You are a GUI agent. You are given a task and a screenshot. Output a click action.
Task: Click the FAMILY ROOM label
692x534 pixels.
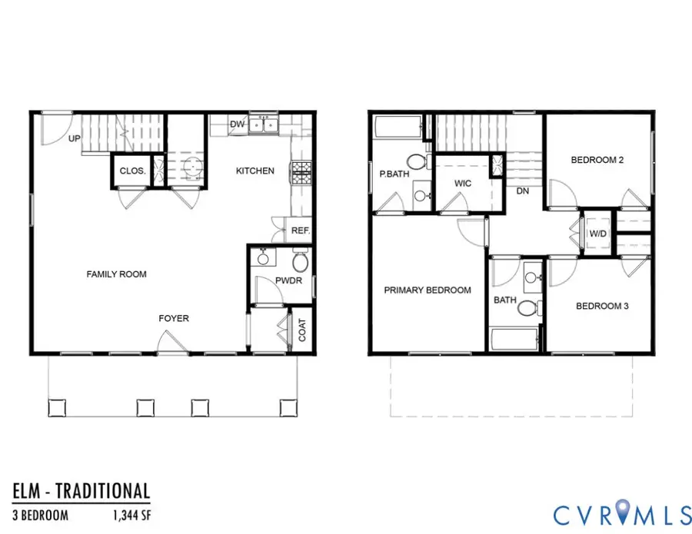pos(116,274)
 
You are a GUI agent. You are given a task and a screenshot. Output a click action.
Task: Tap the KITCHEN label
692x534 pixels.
pos(255,171)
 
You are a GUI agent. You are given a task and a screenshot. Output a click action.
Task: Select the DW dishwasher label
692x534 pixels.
pos(237,124)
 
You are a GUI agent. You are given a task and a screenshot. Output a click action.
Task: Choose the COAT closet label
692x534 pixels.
pos(302,330)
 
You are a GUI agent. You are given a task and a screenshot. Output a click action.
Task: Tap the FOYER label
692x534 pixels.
pos(174,318)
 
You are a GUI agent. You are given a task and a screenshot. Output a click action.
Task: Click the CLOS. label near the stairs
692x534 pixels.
pos(133,172)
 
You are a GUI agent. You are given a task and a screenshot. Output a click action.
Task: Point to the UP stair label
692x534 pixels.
pos(75,139)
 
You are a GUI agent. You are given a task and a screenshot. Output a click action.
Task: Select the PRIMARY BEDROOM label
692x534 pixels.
pos(428,290)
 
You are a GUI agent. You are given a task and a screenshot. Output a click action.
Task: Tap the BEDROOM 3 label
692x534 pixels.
pos(603,306)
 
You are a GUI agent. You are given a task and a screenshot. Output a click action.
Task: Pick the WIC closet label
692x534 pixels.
pos(463,184)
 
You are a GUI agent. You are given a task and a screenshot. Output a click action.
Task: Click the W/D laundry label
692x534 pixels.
pos(597,234)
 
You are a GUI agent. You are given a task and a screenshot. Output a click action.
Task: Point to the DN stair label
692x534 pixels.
pos(523,191)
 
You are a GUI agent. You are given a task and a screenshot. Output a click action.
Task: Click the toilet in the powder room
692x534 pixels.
pos(300,262)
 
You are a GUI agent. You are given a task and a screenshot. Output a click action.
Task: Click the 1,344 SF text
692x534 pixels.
pos(122,513)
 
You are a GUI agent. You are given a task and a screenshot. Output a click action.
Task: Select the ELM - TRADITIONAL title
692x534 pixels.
pos(81,490)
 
